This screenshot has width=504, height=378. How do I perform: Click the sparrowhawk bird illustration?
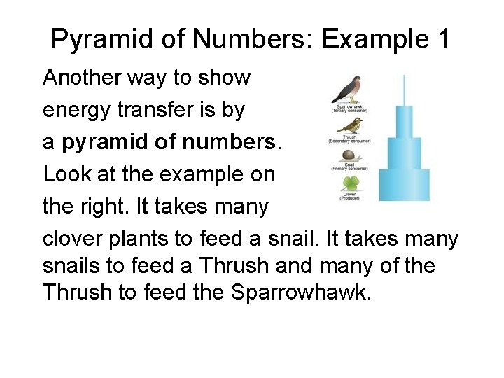point(348,89)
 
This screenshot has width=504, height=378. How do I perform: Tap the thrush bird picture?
point(349,125)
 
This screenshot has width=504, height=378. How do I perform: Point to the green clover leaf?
point(350,184)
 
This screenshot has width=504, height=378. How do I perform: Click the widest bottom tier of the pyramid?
point(404,185)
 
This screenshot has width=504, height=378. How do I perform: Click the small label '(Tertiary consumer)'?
point(349,111)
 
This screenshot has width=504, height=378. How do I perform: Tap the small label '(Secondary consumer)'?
point(349,141)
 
